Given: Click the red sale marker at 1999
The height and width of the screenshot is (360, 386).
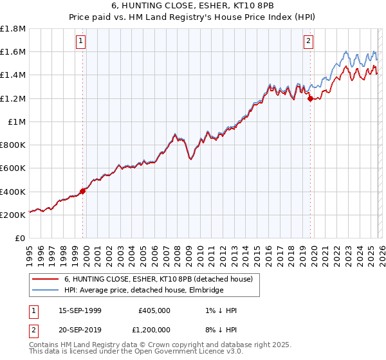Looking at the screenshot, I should [x=83, y=191].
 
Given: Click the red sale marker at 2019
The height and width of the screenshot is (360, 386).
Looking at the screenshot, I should [x=310, y=98].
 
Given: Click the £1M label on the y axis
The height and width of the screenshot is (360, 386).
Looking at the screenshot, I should [x=17, y=122].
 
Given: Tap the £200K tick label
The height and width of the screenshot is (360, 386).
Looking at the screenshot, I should [x=13, y=215].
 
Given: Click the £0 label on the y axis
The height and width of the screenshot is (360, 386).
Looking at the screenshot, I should [x=21, y=239].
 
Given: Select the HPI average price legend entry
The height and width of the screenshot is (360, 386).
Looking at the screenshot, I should [x=143, y=291].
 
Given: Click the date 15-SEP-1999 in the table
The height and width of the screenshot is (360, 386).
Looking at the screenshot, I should [x=80, y=310].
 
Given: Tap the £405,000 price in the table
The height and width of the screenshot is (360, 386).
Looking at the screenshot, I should [x=154, y=310].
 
